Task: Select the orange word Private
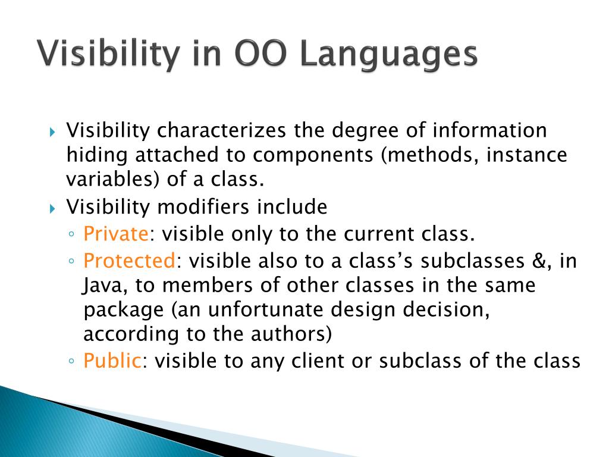[x=116, y=233]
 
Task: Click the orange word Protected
[x=129, y=261]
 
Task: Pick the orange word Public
[x=112, y=360]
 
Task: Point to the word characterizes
[x=221, y=130]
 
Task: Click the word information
[x=489, y=130]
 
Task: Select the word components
[x=313, y=155]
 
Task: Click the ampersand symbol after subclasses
[x=539, y=261]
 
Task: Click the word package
[x=124, y=311]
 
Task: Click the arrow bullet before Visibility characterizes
[x=53, y=132]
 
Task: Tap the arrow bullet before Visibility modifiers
[x=53, y=209]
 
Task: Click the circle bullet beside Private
[x=71, y=234]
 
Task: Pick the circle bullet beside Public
[x=71, y=361]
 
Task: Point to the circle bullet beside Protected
[x=71, y=261]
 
